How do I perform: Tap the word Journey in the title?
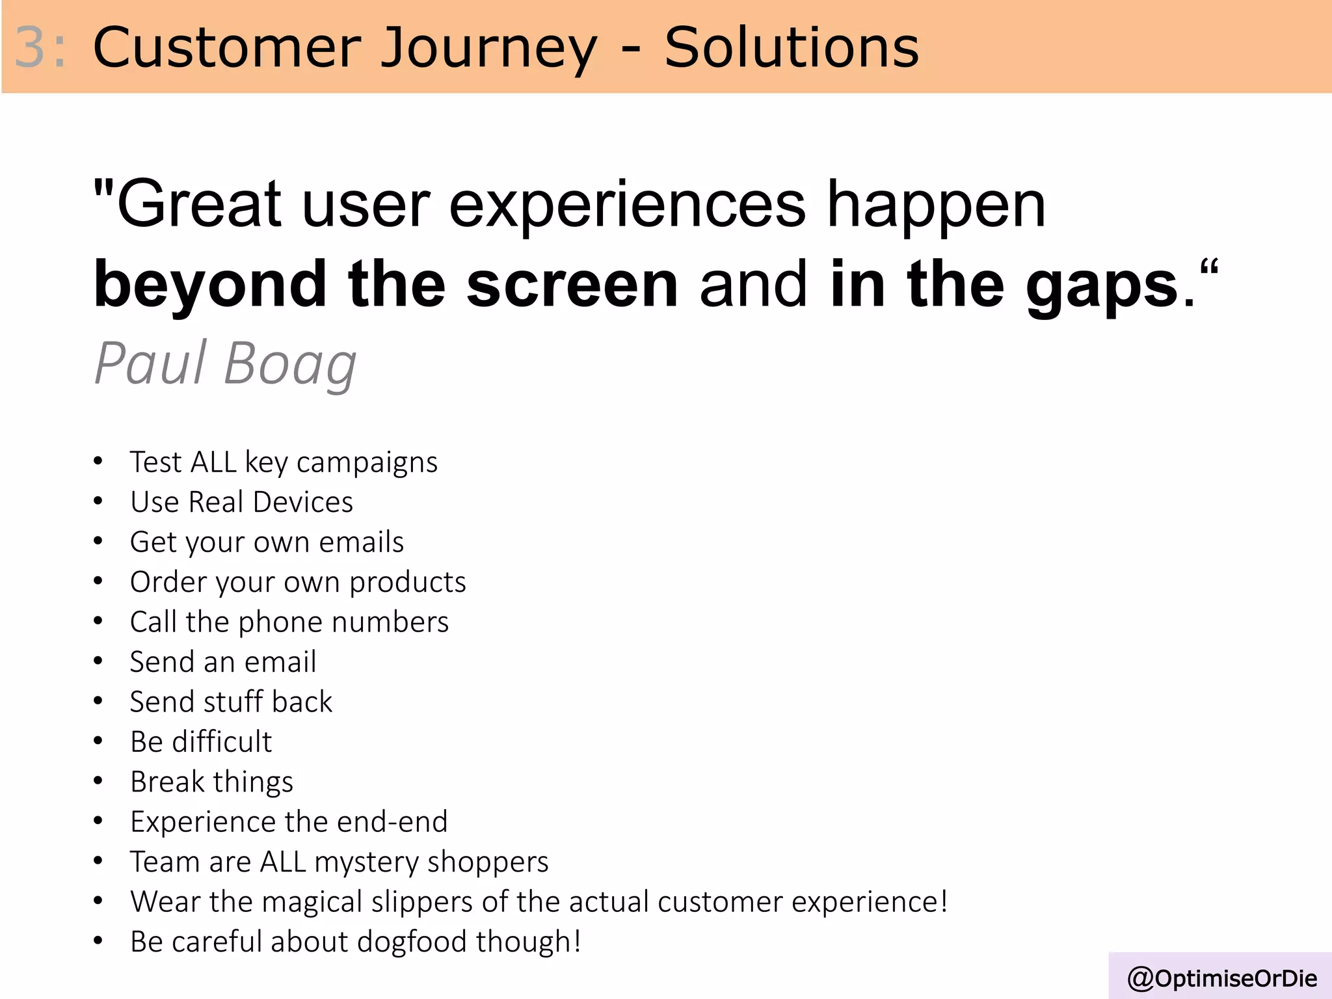click(x=488, y=49)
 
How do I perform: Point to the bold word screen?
click(x=572, y=284)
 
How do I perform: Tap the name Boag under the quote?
click(x=290, y=364)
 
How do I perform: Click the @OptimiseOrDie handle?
click(x=1222, y=978)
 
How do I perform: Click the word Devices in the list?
click(x=302, y=502)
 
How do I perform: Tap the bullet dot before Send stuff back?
click(x=98, y=701)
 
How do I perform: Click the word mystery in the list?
click(x=367, y=862)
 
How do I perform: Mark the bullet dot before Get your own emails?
click(x=98, y=541)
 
